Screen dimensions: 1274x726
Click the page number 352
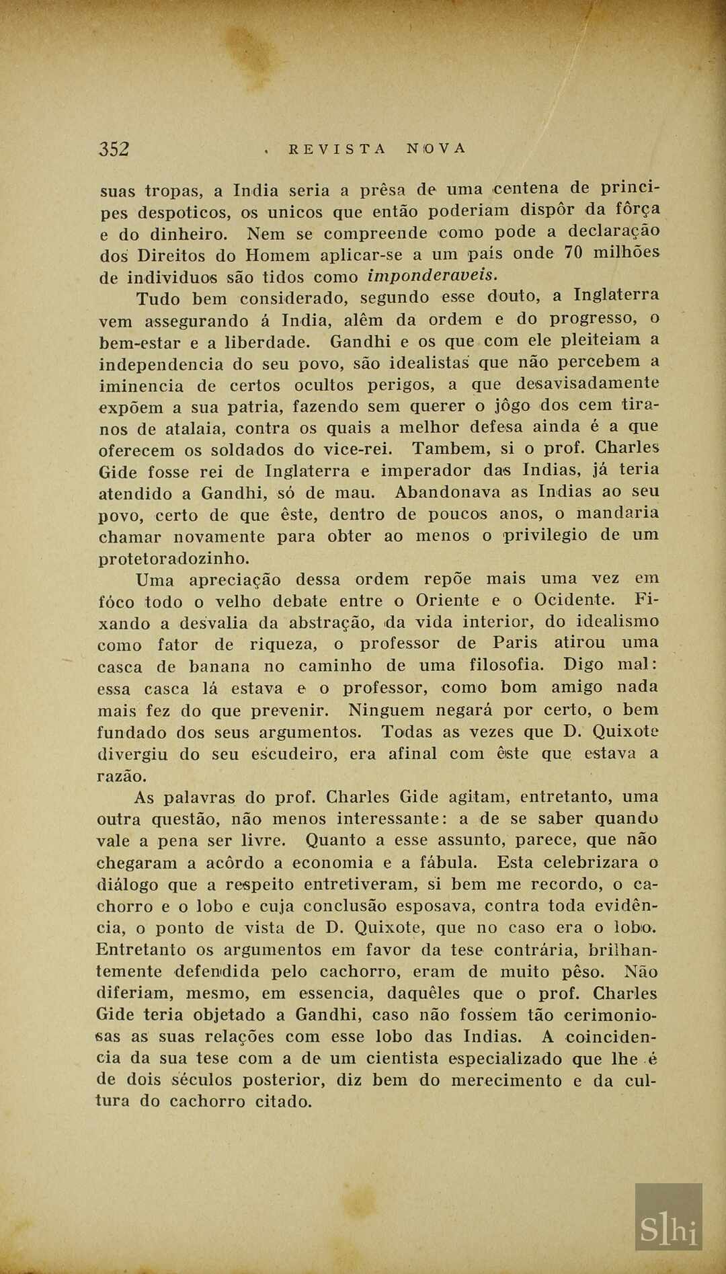tap(114, 149)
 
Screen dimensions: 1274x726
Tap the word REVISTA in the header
tap(337, 149)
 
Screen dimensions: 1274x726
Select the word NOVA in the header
tap(436, 148)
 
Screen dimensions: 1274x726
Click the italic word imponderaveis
tap(433, 276)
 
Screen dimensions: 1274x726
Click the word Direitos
tap(172, 255)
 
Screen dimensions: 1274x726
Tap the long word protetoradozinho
tap(174, 559)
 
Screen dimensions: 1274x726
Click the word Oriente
tap(447, 600)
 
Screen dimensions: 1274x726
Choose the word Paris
tap(516, 643)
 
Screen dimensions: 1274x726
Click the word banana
tap(219, 667)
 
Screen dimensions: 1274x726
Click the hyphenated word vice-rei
tap(358, 449)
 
